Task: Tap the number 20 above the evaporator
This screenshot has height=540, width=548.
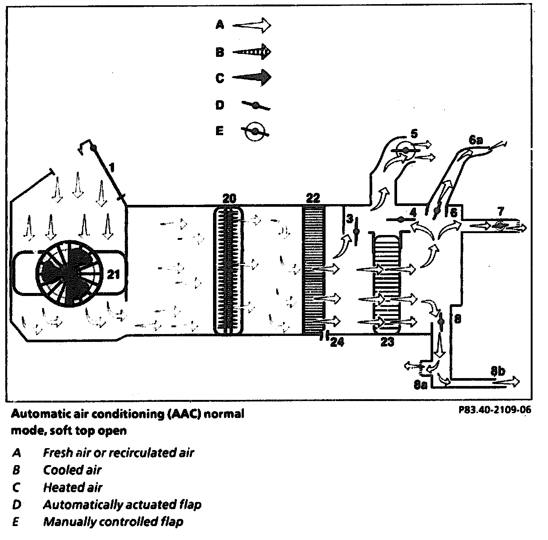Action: click(228, 198)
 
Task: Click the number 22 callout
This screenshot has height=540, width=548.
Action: click(313, 198)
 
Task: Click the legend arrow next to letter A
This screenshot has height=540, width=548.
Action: click(251, 25)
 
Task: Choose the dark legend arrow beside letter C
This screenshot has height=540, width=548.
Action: click(251, 78)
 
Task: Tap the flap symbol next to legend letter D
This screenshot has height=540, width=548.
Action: click(255, 106)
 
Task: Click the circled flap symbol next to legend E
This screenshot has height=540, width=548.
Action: click(255, 131)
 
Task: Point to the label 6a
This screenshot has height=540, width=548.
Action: click(475, 140)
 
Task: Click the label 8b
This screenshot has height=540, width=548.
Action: click(498, 371)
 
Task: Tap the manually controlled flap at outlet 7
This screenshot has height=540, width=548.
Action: click(500, 226)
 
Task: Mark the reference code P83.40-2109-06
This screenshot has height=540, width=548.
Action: click(495, 410)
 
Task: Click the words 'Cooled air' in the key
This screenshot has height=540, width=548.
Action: click(72, 470)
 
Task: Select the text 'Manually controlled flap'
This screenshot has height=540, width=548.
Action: click(113, 522)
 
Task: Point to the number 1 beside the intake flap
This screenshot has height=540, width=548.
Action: click(111, 166)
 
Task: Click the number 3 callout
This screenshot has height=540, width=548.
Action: click(350, 219)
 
